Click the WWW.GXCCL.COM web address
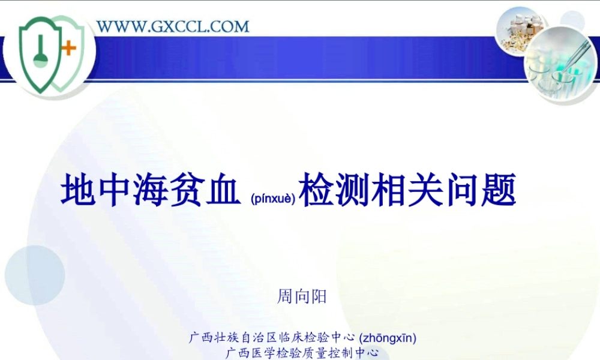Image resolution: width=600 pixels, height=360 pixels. tap(173, 26)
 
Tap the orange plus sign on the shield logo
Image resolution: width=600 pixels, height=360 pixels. tap(70, 49)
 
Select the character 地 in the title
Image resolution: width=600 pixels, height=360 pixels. tap(78, 191)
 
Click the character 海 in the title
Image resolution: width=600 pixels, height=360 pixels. tap(147, 191)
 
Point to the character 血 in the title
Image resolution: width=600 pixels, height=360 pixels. tap(215, 191)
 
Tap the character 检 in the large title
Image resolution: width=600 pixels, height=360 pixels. tap(316, 191)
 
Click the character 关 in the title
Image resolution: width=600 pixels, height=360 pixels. tap(425, 191)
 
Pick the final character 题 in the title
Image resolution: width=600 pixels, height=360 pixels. tap(498, 191)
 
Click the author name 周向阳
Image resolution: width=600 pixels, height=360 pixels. tap(302, 296)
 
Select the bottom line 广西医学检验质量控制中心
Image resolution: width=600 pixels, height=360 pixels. tap(302, 353)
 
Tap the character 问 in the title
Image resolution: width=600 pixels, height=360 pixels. tap(461, 191)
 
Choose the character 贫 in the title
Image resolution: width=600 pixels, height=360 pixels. tap(181, 191)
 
